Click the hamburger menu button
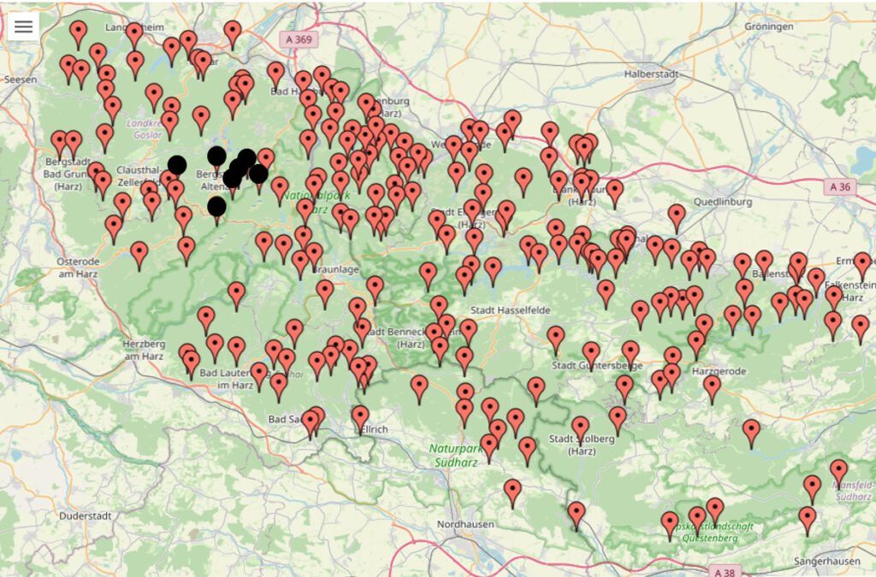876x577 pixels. pyautogui.click(x=23, y=26)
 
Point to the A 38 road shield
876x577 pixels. pyautogui.click(x=723, y=570)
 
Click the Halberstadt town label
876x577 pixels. pyautogui.click(x=651, y=74)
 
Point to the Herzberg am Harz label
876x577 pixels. pyautogui.click(x=138, y=350)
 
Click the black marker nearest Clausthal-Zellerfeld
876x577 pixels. pyautogui.click(x=177, y=165)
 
